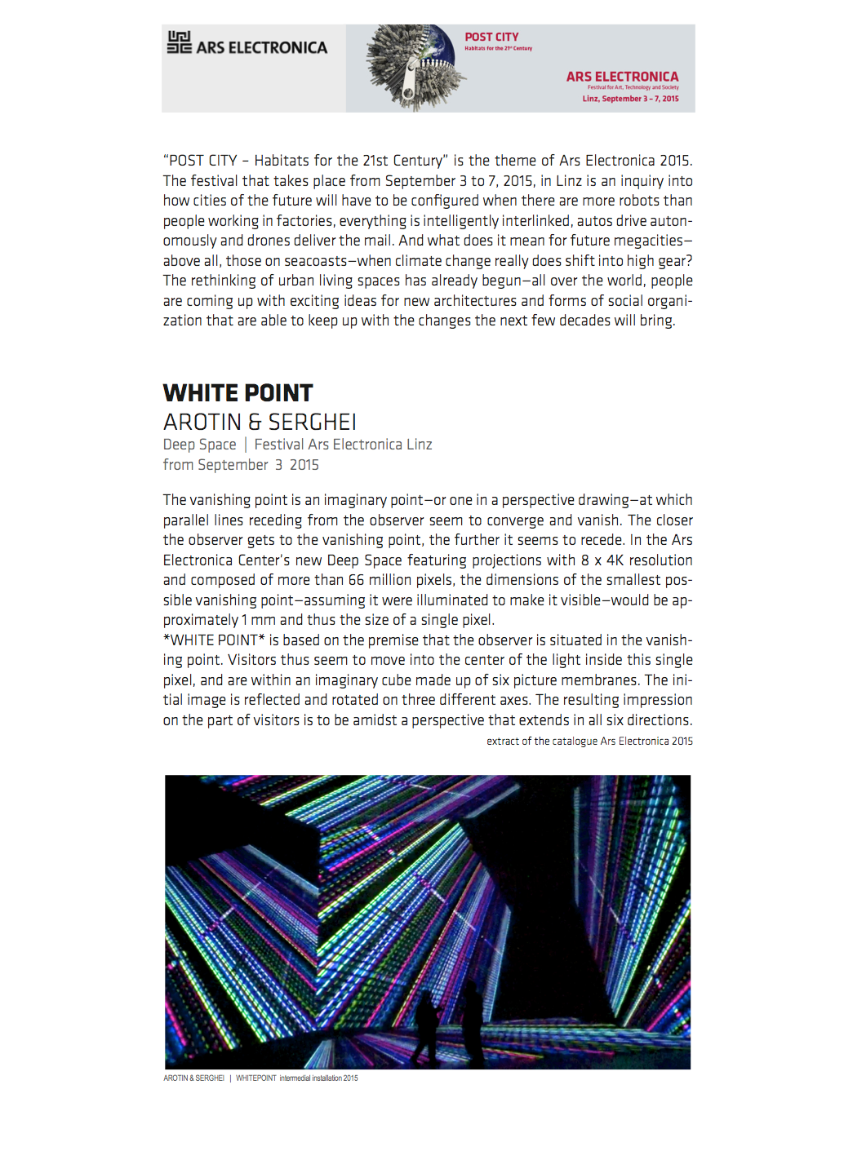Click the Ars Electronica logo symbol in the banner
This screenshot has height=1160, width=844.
click(179, 42)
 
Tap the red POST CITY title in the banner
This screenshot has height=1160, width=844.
click(491, 37)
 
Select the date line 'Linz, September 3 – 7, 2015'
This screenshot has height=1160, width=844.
click(630, 99)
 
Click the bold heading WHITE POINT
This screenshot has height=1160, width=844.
click(238, 393)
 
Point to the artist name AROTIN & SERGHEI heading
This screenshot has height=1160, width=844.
click(260, 423)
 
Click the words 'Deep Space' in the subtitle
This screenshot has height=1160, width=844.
click(199, 445)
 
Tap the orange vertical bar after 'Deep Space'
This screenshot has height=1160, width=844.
click(245, 445)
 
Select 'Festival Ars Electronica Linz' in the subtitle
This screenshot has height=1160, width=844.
click(343, 445)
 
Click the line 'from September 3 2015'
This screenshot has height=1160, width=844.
click(241, 465)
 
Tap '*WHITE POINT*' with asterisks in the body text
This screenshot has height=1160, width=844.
click(214, 640)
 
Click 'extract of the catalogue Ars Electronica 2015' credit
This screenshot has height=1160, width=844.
click(589, 742)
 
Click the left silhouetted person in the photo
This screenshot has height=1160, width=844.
click(425, 1025)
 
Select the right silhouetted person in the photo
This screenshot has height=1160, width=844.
click(471, 1020)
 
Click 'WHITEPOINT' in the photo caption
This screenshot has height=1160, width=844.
click(256, 1078)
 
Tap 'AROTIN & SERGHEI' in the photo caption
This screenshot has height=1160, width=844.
click(193, 1078)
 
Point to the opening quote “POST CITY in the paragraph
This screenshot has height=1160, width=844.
click(200, 161)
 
